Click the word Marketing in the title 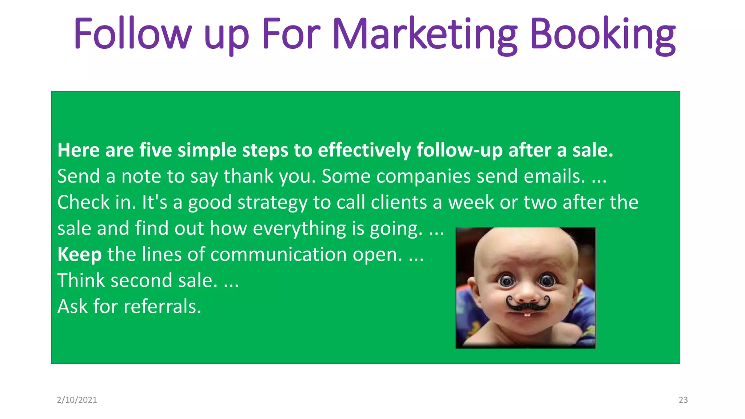click(x=425, y=35)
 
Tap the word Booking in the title click(x=602, y=35)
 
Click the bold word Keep click(x=79, y=254)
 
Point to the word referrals click(x=162, y=306)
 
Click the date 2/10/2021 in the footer click(x=77, y=400)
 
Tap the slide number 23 click(x=683, y=400)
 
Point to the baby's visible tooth click(x=527, y=314)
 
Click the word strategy click(x=272, y=203)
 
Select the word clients click(x=399, y=202)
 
